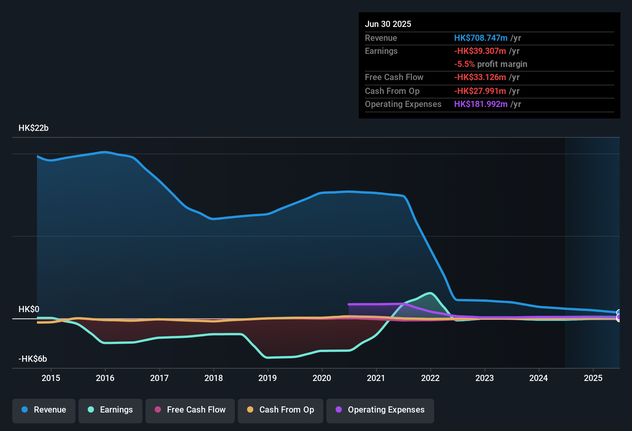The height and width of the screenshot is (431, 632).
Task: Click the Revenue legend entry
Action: pyautogui.click(x=44, y=410)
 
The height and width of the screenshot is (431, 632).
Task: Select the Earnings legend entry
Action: pyautogui.click(x=110, y=410)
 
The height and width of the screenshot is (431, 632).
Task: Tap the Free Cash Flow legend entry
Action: pyautogui.click(x=190, y=410)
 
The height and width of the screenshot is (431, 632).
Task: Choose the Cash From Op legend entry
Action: pyautogui.click(x=281, y=410)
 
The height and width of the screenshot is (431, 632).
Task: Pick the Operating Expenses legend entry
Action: pyautogui.click(x=380, y=410)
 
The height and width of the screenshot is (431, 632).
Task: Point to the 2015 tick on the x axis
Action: pyautogui.click(x=51, y=378)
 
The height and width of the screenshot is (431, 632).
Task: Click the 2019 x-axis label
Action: pyautogui.click(x=268, y=378)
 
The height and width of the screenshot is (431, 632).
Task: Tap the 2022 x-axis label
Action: pyautogui.click(x=430, y=378)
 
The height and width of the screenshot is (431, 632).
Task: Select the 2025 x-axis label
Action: pyautogui.click(x=593, y=378)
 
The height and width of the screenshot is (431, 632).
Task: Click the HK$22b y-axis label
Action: pyautogui.click(x=33, y=128)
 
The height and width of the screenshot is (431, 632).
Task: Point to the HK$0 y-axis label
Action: pyautogui.click(x=29, y=309)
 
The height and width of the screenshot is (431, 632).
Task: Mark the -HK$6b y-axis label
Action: pyautogui.click(x=33, y=359)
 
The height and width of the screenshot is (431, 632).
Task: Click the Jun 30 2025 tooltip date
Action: pyautogui.click(x=388, y=24)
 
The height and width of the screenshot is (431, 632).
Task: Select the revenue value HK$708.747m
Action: pyautogui.click(x=481, y=38)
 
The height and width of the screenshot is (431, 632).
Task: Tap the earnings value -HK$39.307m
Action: pyautogui.click(x=480, y=51)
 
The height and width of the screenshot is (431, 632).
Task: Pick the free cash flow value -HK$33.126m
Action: pyautogui.click(x=480, y=77)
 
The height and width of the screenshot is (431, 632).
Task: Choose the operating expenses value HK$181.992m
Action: pyautogui.click(x=481, y=104)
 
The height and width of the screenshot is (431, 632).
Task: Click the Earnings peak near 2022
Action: pyautogui.click(x=430, y=293)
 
